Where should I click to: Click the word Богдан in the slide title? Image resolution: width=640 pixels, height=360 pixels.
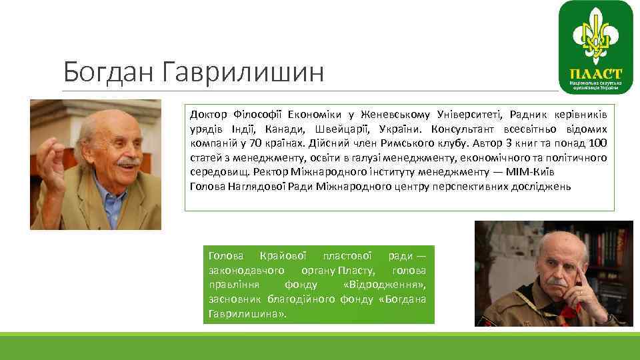(x=107, y=72)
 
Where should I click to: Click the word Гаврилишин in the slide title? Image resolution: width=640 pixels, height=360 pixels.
(x=243, y=72)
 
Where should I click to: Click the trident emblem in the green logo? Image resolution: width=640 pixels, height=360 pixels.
(x=595, y=37)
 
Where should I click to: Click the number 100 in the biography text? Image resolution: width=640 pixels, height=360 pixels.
(x=598, y=143)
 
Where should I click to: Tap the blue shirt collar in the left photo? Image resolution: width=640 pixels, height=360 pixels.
(x=109, y=190)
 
